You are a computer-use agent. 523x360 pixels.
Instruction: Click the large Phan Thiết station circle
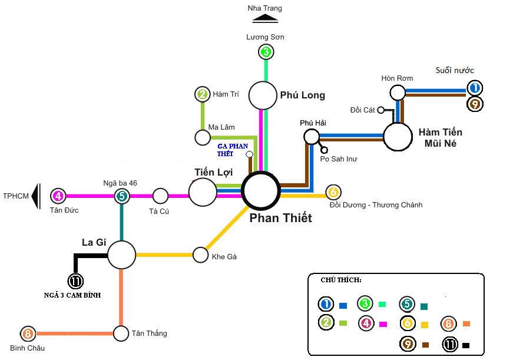(x=261, y=190)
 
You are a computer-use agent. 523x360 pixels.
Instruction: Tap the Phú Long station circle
(x=263, y=95)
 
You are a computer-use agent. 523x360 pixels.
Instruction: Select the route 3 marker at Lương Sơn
(x=266, y=52)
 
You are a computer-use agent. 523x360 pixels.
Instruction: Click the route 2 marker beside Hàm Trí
(x=203, y=94)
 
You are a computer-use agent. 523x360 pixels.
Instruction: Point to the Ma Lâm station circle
(x=203, y=138)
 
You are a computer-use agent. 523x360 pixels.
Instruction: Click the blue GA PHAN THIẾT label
(x=233, y=150)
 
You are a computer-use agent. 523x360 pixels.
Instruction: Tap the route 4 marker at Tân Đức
(x=58, y=196)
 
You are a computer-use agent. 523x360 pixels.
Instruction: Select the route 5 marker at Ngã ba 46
(x=121, y=196)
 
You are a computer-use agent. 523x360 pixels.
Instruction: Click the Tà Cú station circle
(x=160, y=196)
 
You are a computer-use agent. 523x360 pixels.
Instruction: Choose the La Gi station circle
(x=122, y=255)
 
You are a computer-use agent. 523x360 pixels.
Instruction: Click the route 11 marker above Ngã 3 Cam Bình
(x=76, y=281)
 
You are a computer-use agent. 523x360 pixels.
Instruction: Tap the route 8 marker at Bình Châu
(x=28, y=334)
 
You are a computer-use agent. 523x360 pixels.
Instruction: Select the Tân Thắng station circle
(x=121, y=333)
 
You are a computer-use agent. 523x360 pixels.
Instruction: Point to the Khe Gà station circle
(x=201, y=255)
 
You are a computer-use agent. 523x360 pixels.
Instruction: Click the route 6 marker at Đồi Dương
(x=333, y=192)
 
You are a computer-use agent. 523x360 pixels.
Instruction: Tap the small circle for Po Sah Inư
(x=324, y=150)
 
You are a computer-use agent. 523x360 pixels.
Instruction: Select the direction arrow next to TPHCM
(x=36, y=196)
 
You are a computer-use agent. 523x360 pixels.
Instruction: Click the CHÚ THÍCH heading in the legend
(x=341, y=279)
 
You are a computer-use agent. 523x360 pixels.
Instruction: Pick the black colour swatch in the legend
(x=466, y=345)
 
